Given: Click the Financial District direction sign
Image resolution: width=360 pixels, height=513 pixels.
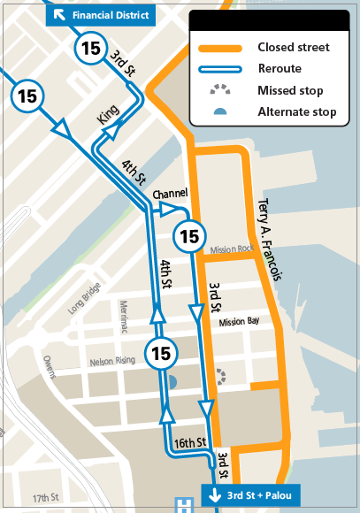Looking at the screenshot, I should click(103, 15).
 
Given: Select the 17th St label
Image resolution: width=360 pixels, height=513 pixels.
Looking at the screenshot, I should click(46, 499).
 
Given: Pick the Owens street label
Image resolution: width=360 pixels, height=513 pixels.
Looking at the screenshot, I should click(48, 365).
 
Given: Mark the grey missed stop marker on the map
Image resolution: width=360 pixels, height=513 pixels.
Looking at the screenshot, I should click(220, 376).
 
